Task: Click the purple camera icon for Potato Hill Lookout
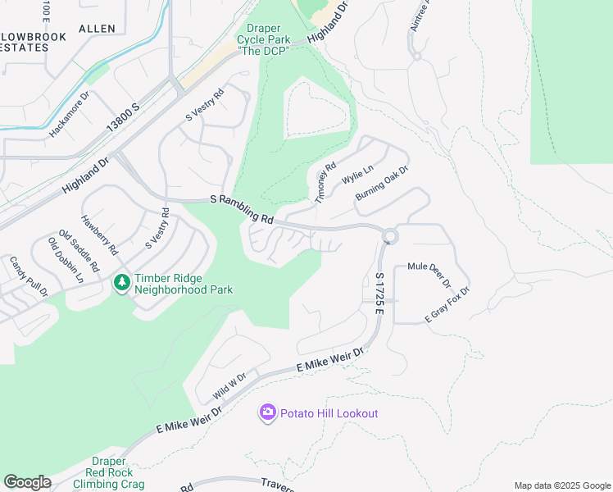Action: (x=268, y=413)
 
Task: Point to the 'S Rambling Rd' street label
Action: (x=242, y=209)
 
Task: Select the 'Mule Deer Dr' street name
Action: (x=429, y=276)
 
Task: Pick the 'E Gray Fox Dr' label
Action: (x=447, y=305)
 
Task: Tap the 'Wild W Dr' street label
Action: (x=230, y=382)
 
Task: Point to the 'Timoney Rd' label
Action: (x=325, y=183)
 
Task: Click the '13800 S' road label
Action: (x=123, y=119)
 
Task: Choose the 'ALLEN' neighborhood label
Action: (x=98, y=29)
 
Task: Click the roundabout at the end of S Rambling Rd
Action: (x=389, y=237)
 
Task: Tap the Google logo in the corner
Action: (x=27, y=481)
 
